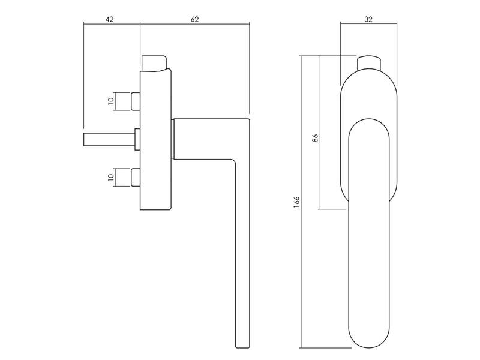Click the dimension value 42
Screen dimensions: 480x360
[110, 19]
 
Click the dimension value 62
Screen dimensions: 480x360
[194, 19]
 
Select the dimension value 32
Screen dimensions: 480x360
[368, 19]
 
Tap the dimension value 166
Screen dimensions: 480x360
[296, 202]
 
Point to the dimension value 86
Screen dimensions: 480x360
[316, 138]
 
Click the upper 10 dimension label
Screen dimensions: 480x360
[111, 100]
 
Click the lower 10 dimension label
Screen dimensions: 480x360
[111, 177]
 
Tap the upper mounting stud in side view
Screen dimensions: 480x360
[136, 101]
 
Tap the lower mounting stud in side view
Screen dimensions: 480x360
[136, 177]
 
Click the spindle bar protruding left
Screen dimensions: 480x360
[109, 139]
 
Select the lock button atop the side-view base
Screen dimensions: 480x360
[154, 63]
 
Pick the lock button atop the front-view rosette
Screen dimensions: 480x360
[369, 62]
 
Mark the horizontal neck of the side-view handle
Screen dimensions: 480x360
[211, 139]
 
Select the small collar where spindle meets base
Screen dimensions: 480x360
[137, 139]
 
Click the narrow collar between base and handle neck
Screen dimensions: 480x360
[173, 139]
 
